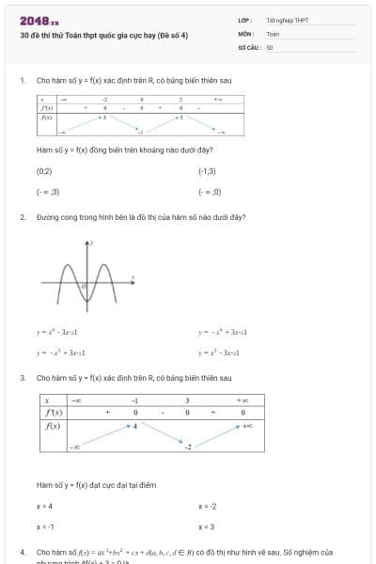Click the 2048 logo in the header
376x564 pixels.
coord(39,20)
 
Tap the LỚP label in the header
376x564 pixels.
coord(243,20)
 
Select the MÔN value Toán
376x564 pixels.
coord(273,33)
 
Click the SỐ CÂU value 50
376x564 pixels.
coord(270,46)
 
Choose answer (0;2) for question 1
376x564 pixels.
coord(44,172)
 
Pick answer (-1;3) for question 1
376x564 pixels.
coord(208,172)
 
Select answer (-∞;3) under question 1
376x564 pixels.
coord(48,192)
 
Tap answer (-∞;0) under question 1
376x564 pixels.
coord(210,192)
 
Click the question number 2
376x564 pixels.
coord(22,217)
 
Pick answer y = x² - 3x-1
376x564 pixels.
coord(219,352)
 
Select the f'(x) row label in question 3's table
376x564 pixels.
coord(54,413)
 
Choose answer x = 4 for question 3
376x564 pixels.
coord(44,507)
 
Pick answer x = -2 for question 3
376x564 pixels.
coord(208,507)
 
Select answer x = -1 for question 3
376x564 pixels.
coord(45,527)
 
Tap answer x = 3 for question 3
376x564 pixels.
coord(207,527)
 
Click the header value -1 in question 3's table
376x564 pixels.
coord(134,399)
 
